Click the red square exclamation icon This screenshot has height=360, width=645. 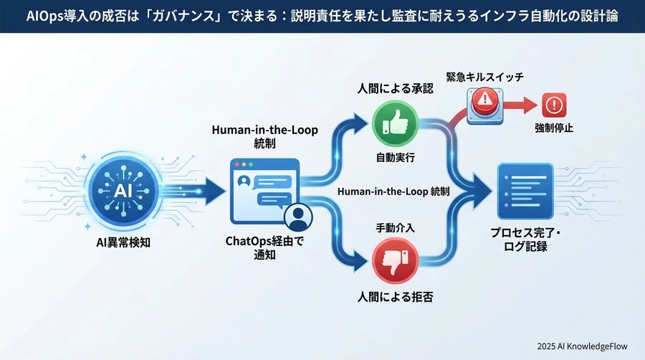[x=554, y=105]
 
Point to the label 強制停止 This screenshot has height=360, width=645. [x=554, y=129]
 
